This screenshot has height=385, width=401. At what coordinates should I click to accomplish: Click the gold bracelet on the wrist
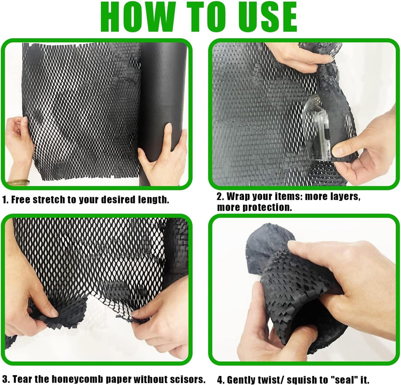tap(18, 182)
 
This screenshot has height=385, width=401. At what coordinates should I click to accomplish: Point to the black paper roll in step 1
tap(163, 102)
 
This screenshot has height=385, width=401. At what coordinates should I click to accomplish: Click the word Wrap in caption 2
tap(238, 196)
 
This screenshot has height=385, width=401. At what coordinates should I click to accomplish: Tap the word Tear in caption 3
tap(22, 379)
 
